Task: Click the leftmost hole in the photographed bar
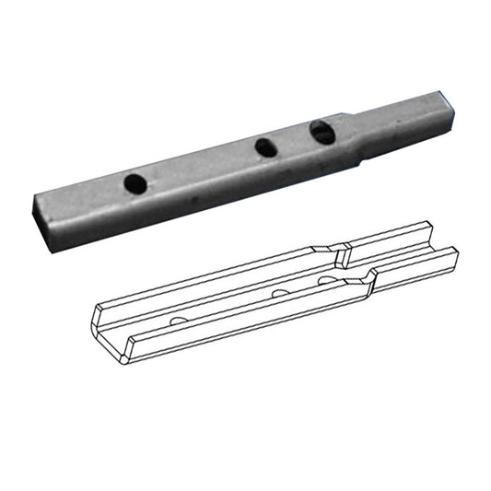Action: click(134, 182)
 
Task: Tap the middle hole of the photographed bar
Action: click(266, 146)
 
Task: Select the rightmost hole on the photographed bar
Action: click(321, 133)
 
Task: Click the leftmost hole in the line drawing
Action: click(178, 320)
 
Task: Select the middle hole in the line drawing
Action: click(277, 293)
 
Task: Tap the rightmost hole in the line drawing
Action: click(328, 278)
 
